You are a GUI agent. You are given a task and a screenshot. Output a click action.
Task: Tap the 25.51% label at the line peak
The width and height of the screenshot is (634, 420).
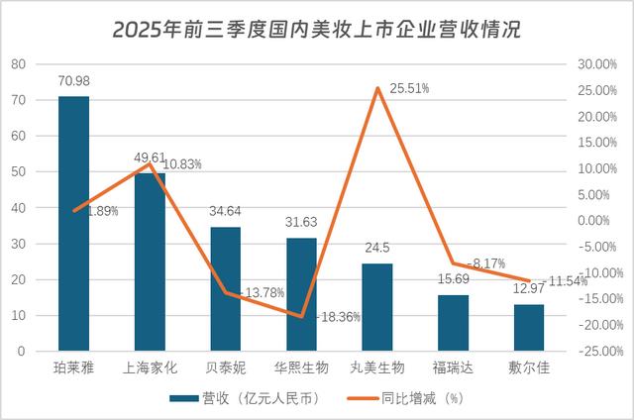(x=409, y=88)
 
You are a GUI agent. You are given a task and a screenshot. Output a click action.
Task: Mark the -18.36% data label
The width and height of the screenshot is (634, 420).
(x=338, y=317)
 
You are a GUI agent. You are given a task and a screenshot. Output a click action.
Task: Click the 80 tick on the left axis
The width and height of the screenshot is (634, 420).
(x=19, y=64)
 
